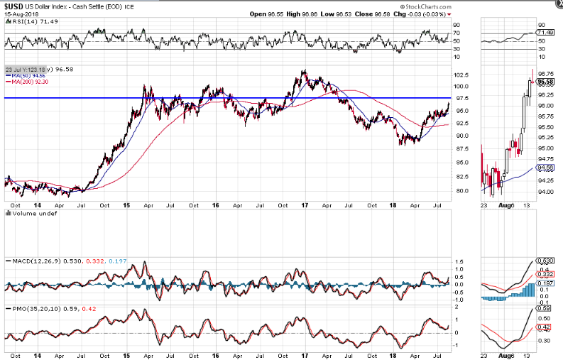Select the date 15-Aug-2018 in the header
tap(21, 13)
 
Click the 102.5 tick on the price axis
tap(461, 75)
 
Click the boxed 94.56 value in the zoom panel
tap(545, 168)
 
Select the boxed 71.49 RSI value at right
tap(545, 33)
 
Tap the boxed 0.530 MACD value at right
tap(545, 261)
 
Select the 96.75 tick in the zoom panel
tap(546, 73)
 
